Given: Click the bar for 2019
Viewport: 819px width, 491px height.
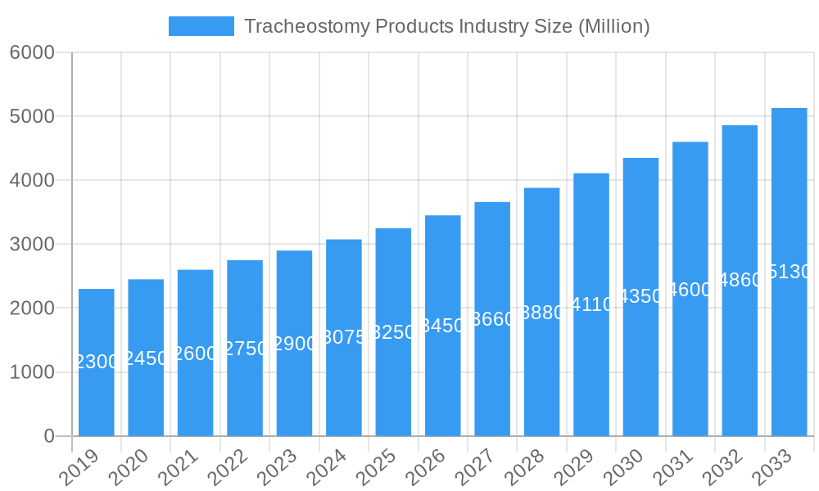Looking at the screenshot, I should [97, 362].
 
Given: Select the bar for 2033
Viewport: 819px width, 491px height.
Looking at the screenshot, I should [790, 272].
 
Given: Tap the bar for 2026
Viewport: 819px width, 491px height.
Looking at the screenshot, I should [443, 325].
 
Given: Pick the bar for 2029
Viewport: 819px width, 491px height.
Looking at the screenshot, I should [591, 304].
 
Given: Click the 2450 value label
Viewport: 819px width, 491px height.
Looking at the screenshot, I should [146, 358].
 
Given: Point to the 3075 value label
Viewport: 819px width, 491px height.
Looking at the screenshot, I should [344, 337].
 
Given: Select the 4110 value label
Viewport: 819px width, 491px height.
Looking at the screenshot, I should [591, 304].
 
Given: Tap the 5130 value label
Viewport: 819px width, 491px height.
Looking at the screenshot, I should [790, 272].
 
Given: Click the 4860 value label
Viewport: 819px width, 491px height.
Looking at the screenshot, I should [740, 281].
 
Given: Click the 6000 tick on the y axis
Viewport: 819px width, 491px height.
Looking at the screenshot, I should [32, 52].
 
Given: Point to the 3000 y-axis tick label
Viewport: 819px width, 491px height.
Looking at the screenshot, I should [32, 245].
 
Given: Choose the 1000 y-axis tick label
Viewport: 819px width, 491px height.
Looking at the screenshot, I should [32, 372].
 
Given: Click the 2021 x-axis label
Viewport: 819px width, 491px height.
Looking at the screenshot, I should [178, 469].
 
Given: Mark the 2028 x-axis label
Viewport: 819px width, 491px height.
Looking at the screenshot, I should [524, 469].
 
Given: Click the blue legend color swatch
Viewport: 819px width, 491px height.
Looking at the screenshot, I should [201, 26].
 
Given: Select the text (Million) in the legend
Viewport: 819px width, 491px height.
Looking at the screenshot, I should [613, 26].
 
